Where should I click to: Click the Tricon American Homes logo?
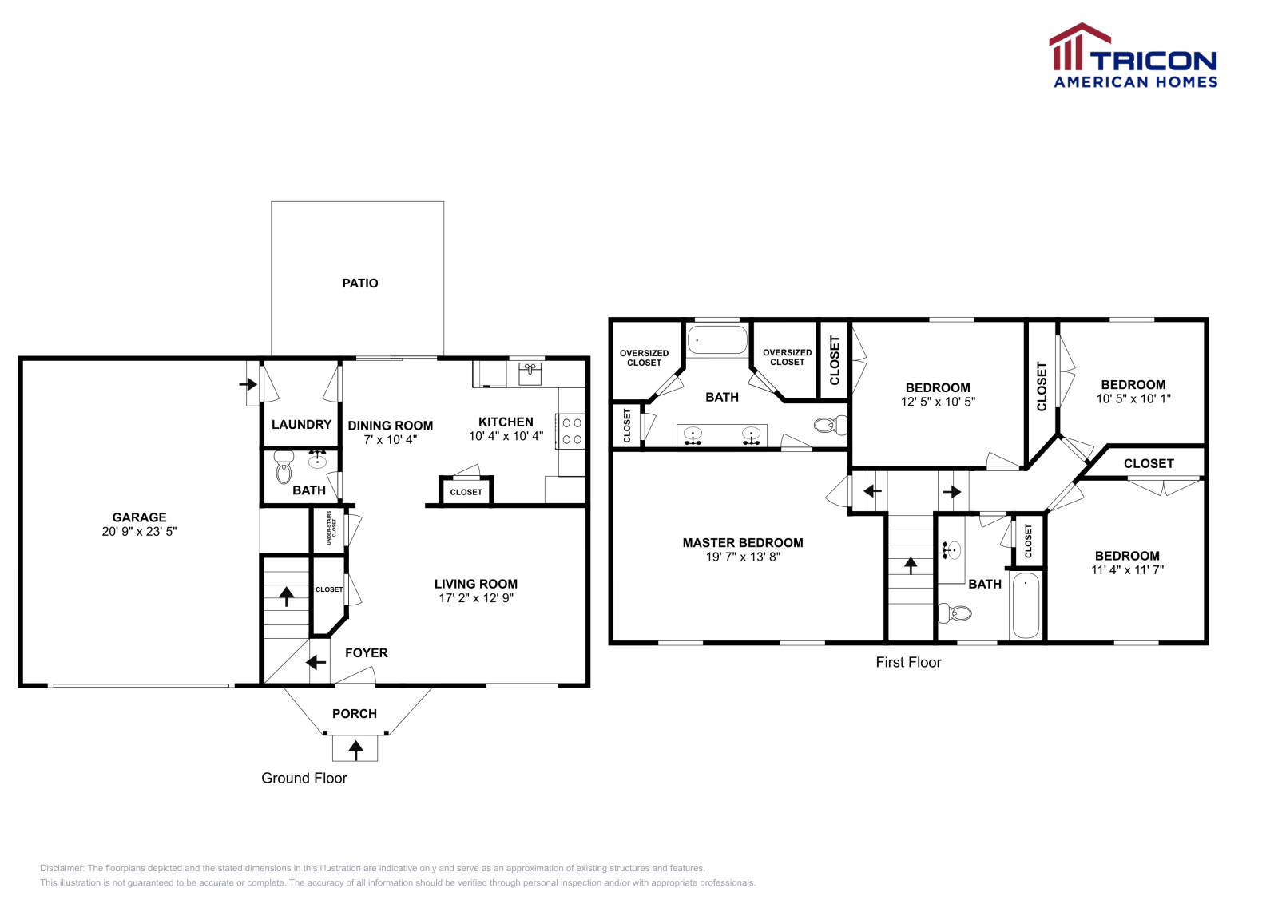click(1133, 57)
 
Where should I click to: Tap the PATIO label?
click(359, 283)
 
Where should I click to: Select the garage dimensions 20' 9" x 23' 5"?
click(139, 532)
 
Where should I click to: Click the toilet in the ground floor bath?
click(284, 470)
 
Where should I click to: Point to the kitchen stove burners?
click(572, 431)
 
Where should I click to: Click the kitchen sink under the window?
click(530, 373)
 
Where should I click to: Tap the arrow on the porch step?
click(355, 749)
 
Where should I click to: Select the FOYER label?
click(366, 653)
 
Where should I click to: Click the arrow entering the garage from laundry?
click(248, 384)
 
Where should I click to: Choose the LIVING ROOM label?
click(475, 585)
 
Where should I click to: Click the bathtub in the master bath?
click(717, 340)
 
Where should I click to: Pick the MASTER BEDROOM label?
click(742, 543)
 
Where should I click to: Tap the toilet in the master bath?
click(829, 425)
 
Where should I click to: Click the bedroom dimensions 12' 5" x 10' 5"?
click(938, 402)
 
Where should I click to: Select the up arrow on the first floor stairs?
click(911, 565)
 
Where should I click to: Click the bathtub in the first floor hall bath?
click(1026, 605)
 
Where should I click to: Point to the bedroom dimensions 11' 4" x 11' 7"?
click(1127, 570)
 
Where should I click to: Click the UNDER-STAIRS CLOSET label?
click(331, 528)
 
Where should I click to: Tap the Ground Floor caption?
click(304, 779)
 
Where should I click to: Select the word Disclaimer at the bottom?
click(62, 868)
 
